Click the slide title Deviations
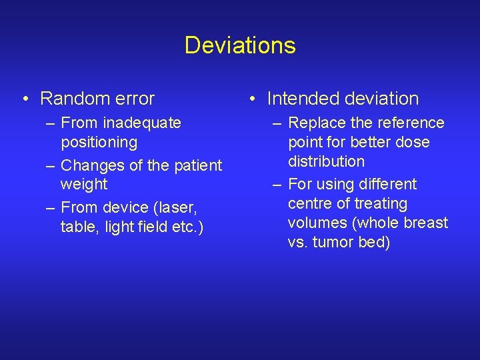tap(240, 45)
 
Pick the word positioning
tap(99, 142)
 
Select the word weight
tap(83, 183)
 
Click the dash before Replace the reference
tap(277, 123)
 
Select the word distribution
tap(326, 161)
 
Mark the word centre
tap(311, 203)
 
